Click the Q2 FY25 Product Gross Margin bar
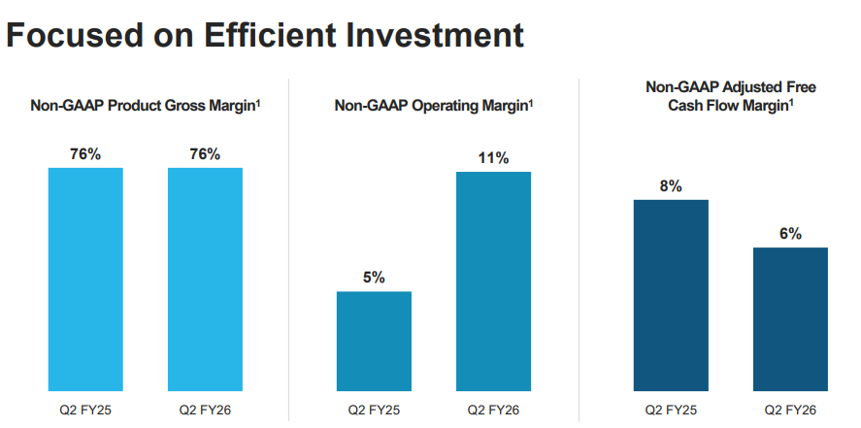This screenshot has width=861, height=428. coord(85,280)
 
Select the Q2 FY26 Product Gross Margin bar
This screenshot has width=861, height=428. coord(205,280)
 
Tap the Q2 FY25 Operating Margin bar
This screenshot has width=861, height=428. coord(374,341)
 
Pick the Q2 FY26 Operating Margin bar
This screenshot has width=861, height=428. coord(493,281)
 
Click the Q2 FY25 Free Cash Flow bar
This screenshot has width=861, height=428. coord(671,295)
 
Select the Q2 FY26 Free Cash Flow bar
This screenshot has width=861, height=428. coord(790,319)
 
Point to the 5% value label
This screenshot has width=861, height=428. coord(374,278)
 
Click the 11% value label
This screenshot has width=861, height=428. coord(493,158)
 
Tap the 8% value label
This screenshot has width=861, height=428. coord(671,186)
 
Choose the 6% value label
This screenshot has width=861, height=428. coord(790,234)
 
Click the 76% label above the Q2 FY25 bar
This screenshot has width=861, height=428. coord(85,154)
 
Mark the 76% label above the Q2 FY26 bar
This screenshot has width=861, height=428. coord(205,154)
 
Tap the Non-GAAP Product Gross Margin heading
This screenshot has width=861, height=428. coord(145,105)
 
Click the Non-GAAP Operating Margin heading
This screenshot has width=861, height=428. coord(433,105)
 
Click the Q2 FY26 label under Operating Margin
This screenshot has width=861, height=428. coord(493,410)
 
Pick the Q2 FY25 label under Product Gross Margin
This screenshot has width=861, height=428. coord(85,410)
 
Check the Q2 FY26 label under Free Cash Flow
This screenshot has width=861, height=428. coord(790,410)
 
